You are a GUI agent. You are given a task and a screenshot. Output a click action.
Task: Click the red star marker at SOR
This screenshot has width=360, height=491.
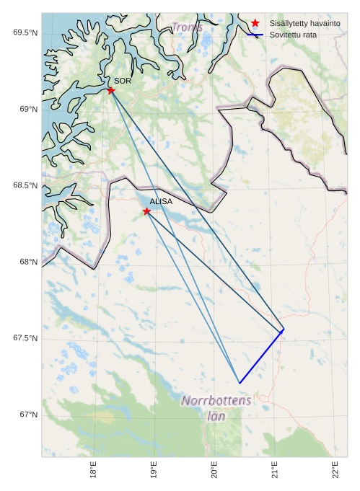111,90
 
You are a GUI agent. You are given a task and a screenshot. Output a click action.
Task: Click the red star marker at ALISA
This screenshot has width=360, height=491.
146,211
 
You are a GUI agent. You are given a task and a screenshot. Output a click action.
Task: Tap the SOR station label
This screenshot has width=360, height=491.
123,81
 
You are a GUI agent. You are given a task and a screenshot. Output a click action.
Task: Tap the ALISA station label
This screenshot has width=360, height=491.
161,202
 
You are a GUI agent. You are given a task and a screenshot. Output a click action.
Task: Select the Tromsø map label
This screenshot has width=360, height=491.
187,27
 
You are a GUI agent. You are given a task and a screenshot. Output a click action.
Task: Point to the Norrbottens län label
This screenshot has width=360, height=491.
216,407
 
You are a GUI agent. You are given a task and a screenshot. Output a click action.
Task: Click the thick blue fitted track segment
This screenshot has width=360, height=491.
261,356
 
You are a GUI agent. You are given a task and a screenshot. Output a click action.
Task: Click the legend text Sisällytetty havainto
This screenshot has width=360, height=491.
305,23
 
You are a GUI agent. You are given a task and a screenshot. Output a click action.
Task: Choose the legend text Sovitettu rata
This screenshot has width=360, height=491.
294,35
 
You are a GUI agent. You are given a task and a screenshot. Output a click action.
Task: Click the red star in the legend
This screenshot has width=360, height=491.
255,23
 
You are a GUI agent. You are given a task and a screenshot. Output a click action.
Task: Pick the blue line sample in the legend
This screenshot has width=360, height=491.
255,35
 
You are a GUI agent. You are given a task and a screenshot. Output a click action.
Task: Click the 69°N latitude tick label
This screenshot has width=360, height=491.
27,109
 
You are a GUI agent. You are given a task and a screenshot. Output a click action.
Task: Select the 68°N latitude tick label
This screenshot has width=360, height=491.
27,262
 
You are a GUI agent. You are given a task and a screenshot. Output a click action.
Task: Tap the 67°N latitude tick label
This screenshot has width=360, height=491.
27,415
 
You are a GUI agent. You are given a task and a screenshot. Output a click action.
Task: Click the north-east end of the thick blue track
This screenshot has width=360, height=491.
284,329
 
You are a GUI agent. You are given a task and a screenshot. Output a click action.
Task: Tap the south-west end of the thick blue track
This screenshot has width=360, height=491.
239,383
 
